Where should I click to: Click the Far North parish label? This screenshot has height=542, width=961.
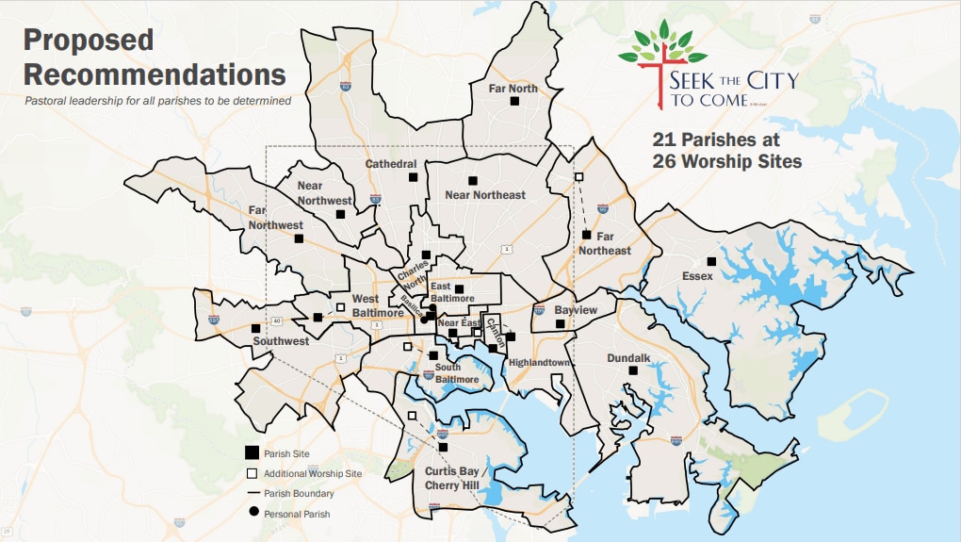(x=513, y=89)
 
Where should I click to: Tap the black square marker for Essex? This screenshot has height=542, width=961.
(x=712, y=261)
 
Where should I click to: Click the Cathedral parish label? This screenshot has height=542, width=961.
(x=391, y=164)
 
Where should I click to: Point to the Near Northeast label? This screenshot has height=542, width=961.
(x=485, y=195)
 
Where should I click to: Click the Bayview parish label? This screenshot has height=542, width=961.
(x=576, y=309)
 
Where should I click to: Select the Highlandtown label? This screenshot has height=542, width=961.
(x=540, y=362)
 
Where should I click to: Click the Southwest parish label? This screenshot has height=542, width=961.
(x=281, y=341)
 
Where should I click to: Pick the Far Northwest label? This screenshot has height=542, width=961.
(x=275, y=219)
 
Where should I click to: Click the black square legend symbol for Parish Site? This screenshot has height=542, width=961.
(x=252, y=453)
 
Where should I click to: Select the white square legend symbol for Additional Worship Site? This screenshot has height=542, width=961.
(x=252, y=473)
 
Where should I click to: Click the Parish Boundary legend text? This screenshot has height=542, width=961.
(x=301, y=493)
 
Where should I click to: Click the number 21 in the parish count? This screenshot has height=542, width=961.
(x=665, y=139)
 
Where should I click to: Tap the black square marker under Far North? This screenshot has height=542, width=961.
(x=514, y=101)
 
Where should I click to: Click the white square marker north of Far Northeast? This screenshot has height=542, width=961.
(x=578, y=176)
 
